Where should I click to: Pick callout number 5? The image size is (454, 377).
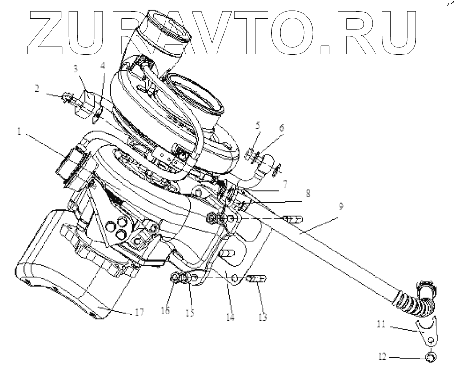pyautogui.click(x=257, y=126)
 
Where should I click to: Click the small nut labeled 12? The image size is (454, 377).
pyautogui.click(x=431, y=357)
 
